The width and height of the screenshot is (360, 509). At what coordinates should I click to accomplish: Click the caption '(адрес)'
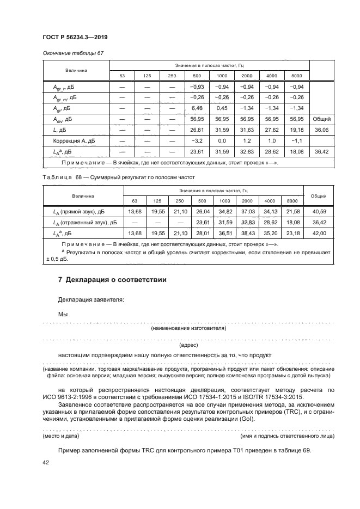coord(188,345)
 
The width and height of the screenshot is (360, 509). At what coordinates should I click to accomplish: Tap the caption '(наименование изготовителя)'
coord(188,328)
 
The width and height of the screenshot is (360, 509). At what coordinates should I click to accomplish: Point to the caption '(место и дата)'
coord(61,437)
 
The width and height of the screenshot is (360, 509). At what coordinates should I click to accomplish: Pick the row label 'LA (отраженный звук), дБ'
coord(83,222)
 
